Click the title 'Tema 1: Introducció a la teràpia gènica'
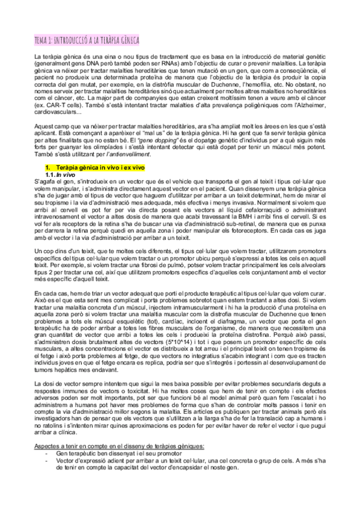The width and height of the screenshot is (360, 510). [87, 40]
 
